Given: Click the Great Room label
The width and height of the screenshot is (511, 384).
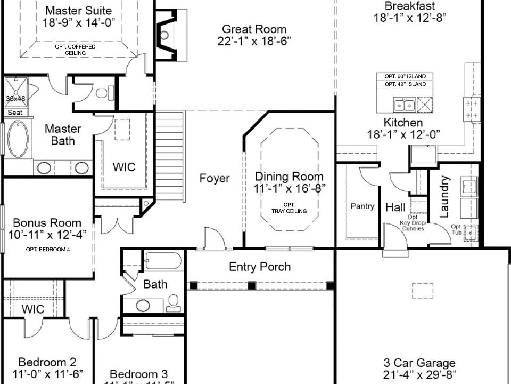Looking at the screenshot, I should click(254, 29).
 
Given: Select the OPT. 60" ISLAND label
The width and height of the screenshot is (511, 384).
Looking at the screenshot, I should click(405, 76).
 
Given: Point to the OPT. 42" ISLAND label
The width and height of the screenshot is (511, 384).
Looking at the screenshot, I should click(405, 84).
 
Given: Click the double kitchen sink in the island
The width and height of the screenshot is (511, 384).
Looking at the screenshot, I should click(404, 103).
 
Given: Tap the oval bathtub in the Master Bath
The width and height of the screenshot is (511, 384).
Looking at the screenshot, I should click(18, 139).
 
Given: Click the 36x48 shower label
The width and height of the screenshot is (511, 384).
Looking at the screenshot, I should click(15, 99).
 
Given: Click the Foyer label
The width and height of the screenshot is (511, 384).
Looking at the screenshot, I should click(215, 178).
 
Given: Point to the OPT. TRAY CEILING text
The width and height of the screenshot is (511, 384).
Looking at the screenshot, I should click(289, 208).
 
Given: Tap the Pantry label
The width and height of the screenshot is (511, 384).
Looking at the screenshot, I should click(362, 206).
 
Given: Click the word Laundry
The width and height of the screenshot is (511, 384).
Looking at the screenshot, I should click(444, 197).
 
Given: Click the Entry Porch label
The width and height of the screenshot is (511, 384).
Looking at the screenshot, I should click(260, 267).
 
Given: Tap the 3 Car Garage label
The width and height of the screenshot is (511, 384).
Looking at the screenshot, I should click(419, 363).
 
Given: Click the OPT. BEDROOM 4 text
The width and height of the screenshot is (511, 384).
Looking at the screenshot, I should click(47, 250).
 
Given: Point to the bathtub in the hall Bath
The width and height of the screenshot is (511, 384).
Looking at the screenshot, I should click(163, 261).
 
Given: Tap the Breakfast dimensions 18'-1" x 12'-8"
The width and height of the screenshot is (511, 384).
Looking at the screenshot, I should click(409, 17).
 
